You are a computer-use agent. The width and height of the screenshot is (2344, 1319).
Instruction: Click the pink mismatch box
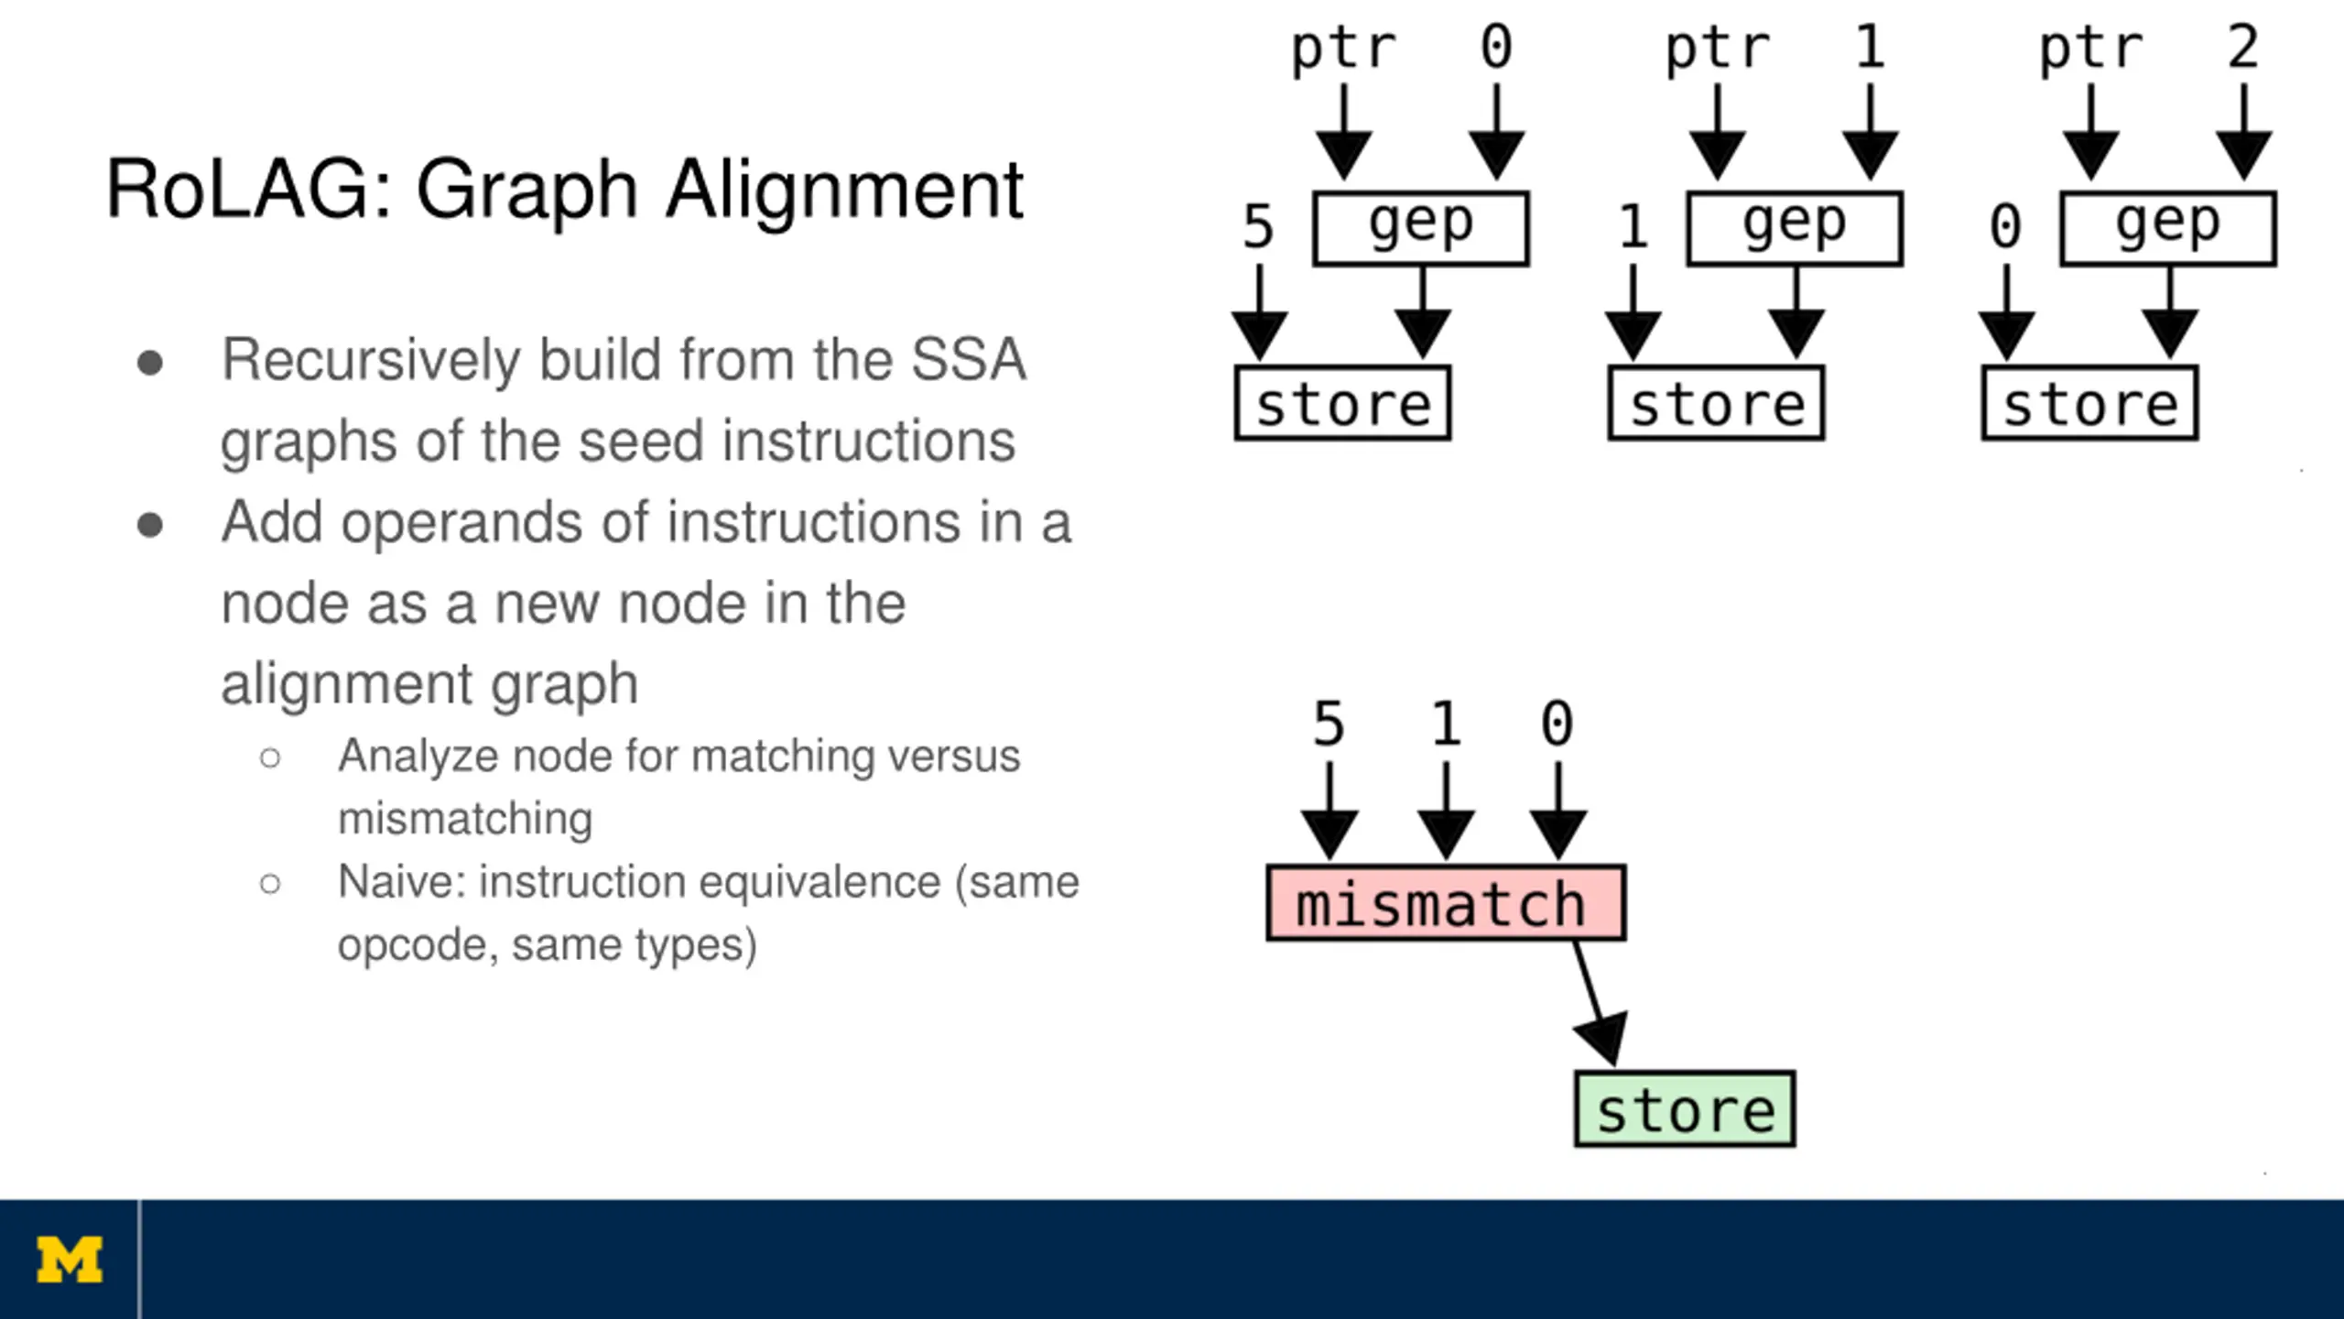(1446, 902)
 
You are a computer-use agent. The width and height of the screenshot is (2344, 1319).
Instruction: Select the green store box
(1685, 1108)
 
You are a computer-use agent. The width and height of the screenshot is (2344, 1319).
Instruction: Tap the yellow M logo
(70, 1261)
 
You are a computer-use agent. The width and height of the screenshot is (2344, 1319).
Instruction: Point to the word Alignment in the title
(844, 190)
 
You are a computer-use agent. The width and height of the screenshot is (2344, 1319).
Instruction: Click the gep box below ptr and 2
(2168, 228)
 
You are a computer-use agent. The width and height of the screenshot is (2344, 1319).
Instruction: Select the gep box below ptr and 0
(1421, 228)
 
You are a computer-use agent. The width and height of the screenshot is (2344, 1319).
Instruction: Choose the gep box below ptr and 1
(1795, 228)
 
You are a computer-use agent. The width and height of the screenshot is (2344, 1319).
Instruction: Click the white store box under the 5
(1342, 403)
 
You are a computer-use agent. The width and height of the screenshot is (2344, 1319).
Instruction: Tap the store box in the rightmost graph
(2089, 403)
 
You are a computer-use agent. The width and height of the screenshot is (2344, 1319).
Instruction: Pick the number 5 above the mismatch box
(1329, 724)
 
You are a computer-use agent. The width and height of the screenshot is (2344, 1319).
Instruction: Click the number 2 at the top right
(2243, 47)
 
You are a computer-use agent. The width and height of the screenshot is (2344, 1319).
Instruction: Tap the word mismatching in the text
(465, 818)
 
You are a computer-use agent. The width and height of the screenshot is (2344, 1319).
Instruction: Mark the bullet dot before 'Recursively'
(150, 363)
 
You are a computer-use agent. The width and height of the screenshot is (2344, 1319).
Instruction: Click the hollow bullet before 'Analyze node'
(270, 758)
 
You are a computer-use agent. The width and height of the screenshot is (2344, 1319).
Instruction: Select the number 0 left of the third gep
(2005, 226)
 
